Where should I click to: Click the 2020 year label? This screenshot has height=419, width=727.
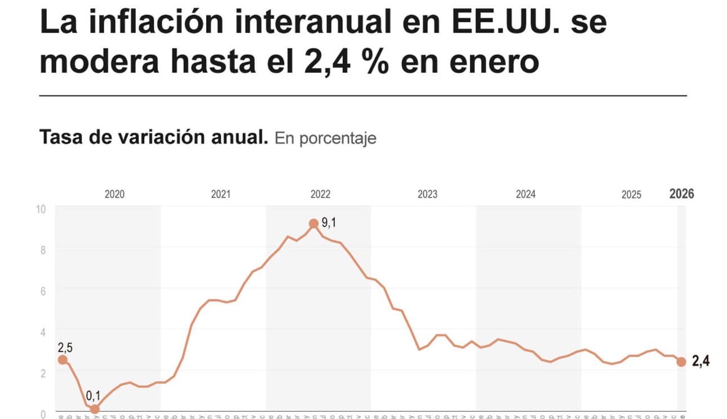tap(114, 195)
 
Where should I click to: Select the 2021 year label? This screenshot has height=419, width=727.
tap(220, 195)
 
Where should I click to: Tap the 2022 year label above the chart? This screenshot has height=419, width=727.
tap(321, 195)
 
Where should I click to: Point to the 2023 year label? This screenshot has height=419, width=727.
tap(427, 195)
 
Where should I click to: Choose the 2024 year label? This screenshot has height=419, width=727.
tap(526, 195)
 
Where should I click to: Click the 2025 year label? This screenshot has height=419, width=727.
tap(631, 195)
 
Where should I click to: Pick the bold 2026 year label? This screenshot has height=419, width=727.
tap(681, 194)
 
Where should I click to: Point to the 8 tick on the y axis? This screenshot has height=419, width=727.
tap(42, 249)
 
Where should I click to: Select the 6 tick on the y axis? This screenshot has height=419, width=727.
tap(42, 290)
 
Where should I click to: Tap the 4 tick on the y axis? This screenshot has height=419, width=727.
tap(42, 331)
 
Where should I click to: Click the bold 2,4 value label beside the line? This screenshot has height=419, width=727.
tap(701, 362)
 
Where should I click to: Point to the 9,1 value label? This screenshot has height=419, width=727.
tap(329, 223)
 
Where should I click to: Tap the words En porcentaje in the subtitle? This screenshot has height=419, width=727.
tap(325, 139)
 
